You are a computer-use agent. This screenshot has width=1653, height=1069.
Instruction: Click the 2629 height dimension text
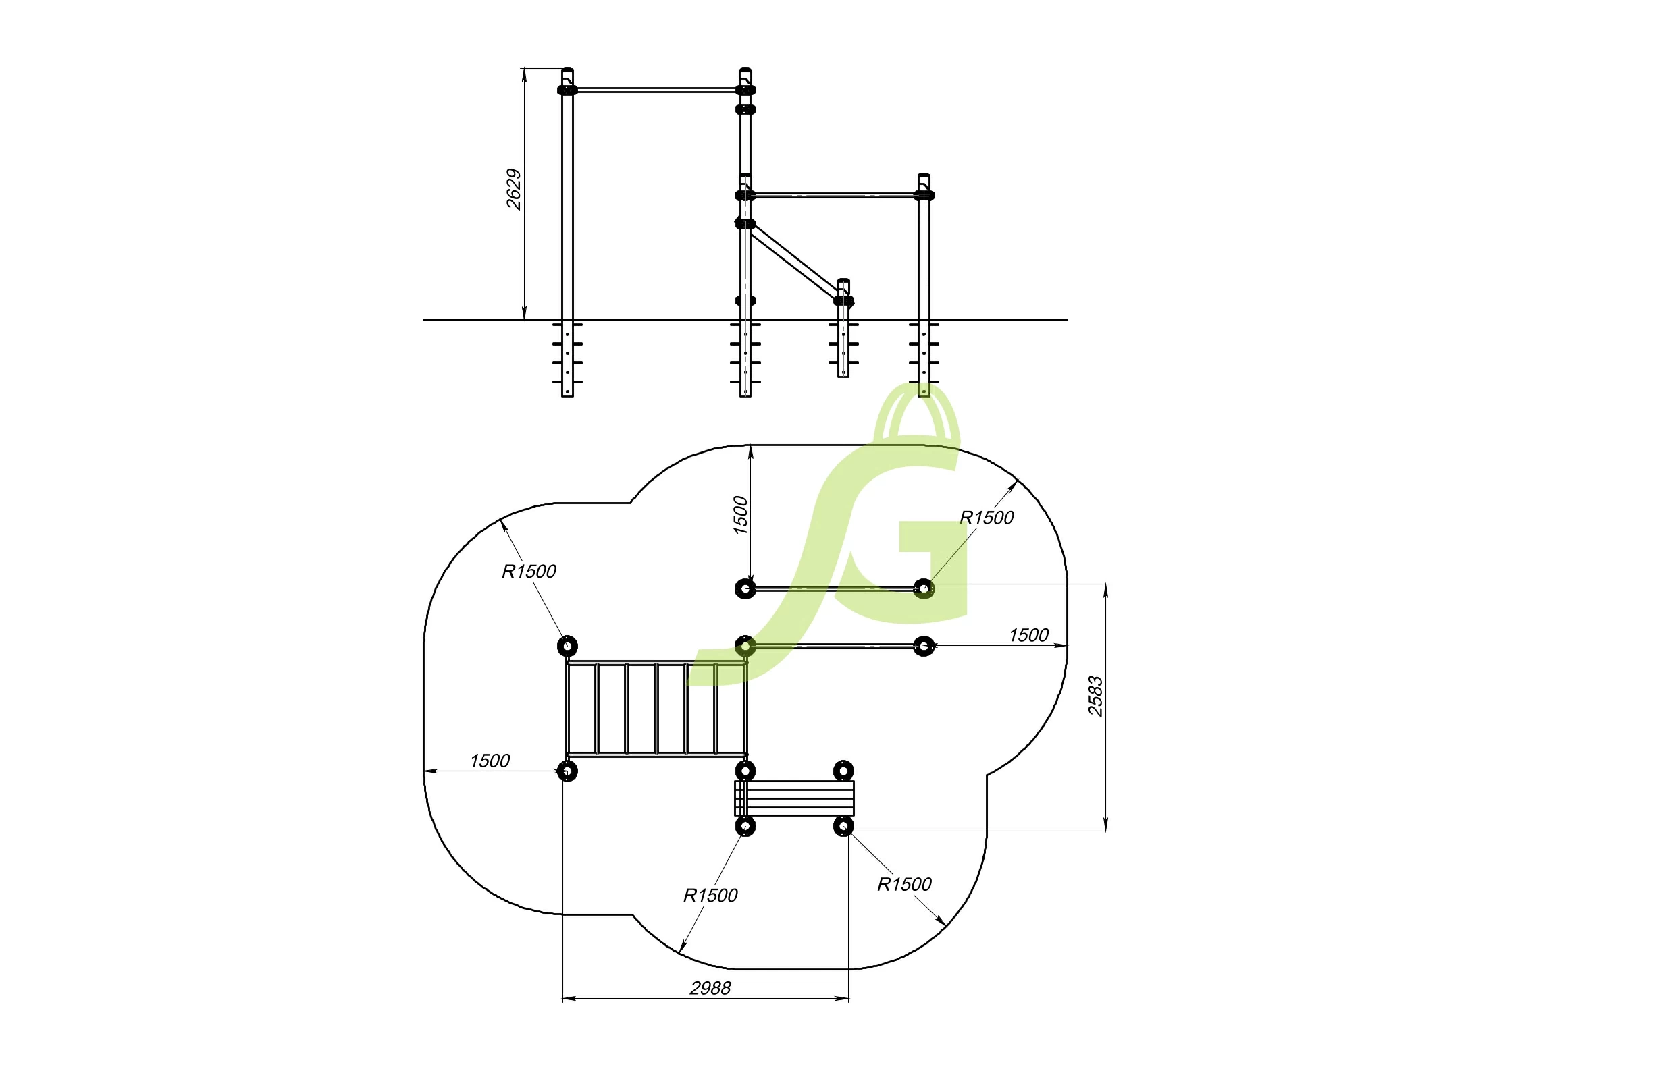pyautogui.click(x=513, y=189)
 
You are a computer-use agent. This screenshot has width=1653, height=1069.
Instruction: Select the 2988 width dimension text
pyautogui.click(x=710, y=988)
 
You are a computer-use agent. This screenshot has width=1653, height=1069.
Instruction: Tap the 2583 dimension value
pyautogui.click(x=1095, y=696)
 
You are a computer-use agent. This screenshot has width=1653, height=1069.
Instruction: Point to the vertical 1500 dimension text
pyautogui.click(x=740, y=515)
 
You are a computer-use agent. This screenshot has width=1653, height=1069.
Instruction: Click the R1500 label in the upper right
pyautogui.click(x=987, y=518)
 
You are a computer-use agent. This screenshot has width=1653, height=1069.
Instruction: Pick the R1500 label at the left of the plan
pyautogui.click(x=529, y=572)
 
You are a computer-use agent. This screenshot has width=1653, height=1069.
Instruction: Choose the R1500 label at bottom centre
pyautogui.click(x=710, y=896)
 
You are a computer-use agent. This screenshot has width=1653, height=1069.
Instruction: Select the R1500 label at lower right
pyautogui.click(x=903, y=884)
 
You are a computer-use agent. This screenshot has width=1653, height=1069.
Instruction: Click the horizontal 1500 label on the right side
pyautogui.click(x=1028, y=635)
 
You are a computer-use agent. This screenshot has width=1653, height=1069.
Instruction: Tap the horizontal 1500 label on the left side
pyautogui.click(x=490, y=761)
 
